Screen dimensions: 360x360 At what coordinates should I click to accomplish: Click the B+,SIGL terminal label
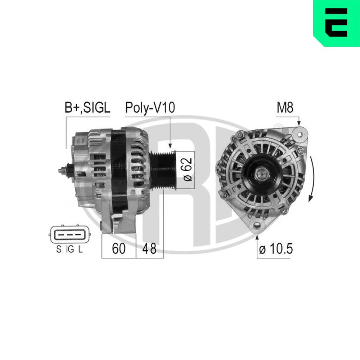(x=87, y=107)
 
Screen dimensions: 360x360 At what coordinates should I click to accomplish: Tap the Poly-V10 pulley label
(x=150, y=107)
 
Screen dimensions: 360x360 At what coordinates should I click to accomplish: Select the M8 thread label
(x=285, y=107)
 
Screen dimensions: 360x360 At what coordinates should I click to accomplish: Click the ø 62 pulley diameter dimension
(x=188, y=170)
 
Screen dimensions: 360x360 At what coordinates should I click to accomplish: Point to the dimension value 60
(x=119, y=248)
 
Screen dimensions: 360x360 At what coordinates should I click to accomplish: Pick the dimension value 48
(x=149, y=248)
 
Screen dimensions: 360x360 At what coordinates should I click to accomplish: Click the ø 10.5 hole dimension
(x=276, y=248)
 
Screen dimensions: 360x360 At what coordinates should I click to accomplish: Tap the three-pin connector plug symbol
(x=69, y=235)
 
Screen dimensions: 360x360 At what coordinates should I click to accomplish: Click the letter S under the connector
(x=59, y=249)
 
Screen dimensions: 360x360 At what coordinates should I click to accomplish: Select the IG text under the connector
(x=70, y=249)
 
